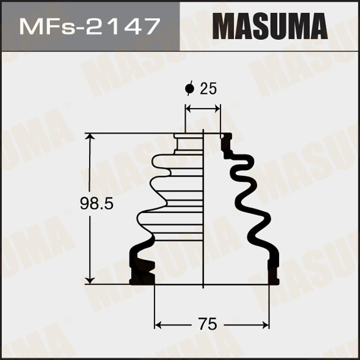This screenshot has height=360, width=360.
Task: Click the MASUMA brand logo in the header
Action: click(270, 26)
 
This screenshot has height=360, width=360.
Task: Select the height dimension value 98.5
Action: click(97, 204)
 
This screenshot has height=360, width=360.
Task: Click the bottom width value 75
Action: click(208, 324)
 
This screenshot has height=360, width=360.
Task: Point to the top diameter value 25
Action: click(208, 89)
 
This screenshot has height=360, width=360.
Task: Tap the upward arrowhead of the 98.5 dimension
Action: click(90, 137)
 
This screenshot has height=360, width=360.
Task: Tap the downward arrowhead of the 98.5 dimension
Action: click(90, 280)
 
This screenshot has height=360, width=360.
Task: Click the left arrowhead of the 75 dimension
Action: click(157, 325)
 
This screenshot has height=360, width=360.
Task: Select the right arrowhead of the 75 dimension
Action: click(266, 325)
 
